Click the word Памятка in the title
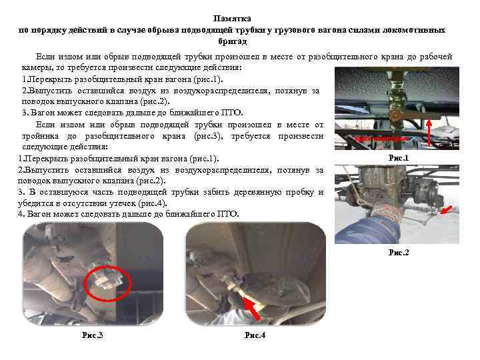[233, 20]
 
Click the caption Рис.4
[255, 335]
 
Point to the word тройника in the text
[39, 135]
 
